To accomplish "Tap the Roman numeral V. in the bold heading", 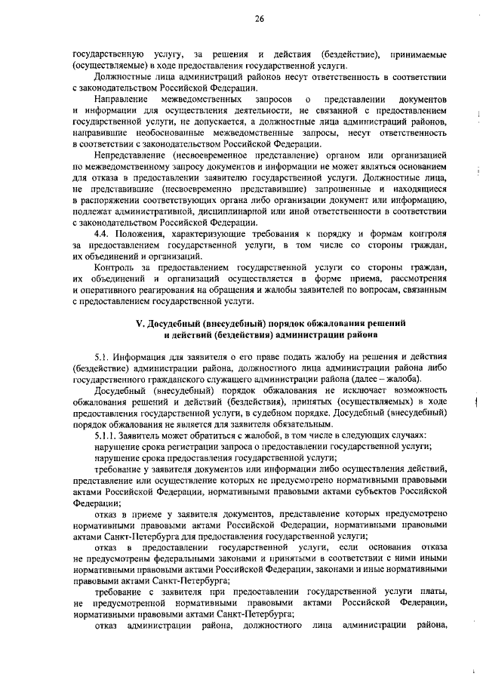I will tap(139, 322).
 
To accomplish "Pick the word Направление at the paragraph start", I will tap(122, 100).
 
